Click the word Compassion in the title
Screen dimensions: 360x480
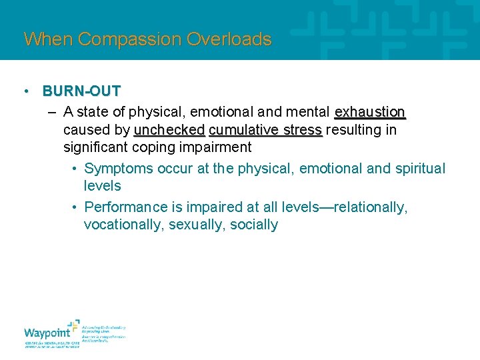coord(130,39)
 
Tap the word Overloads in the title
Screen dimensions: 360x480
coord(229,39)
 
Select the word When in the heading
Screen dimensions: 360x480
coord(49,39)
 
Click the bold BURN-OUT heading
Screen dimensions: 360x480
coord(81,91)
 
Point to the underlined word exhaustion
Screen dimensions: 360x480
coord(370,111)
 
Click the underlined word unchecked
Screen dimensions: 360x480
coord(169,129)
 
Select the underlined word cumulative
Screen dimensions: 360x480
coord(241,129)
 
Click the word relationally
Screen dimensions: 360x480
coord(365,207)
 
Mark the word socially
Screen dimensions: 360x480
coord(254,225)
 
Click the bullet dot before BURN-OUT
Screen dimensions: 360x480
coord(24,91)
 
